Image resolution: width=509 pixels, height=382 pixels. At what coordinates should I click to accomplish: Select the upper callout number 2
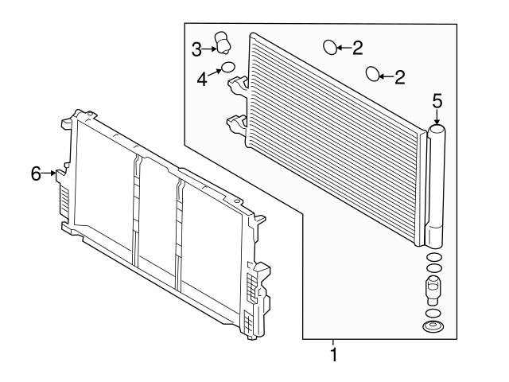click(x=357, y=49)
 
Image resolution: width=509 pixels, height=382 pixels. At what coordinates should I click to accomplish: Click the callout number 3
click(x=196, y=49)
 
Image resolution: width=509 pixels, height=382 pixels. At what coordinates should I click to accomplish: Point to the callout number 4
click(x=202, y=80)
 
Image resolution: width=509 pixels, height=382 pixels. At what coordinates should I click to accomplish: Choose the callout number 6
click(x=37, y=173)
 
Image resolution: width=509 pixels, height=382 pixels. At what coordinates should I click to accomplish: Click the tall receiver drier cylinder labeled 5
click(x=436, y=183)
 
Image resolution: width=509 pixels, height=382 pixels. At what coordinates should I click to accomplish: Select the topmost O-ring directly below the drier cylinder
click(x=434, y=258)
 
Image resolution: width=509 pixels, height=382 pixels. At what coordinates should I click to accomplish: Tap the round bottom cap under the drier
click(x=434, y=327)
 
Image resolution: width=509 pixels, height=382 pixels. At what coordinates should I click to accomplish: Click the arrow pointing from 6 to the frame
click(x=52, y=173)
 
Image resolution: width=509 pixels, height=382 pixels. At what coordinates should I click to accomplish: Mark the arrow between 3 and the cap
click(x=210, y=49)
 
